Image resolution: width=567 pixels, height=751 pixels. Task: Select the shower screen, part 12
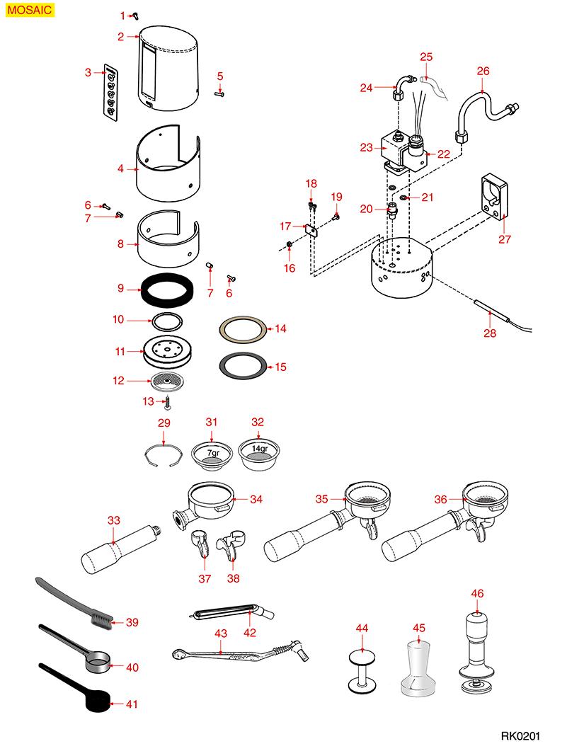tap(167, 381)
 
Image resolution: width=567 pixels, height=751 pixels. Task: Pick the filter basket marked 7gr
tap(212, 454)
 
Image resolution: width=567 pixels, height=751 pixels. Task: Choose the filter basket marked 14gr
tap(258, 454)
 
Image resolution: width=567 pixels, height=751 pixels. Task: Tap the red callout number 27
tap(504, 239)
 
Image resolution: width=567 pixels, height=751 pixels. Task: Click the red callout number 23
tap(366, 148)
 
